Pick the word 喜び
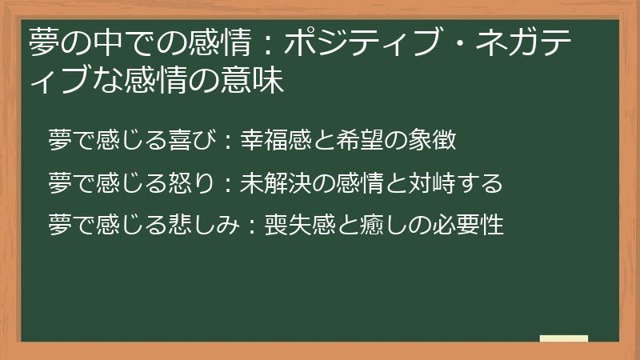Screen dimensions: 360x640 [191, 142]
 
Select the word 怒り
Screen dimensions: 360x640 [191, 183]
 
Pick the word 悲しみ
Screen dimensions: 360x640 [203, 224]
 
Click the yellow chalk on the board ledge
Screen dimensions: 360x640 [564, 338]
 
